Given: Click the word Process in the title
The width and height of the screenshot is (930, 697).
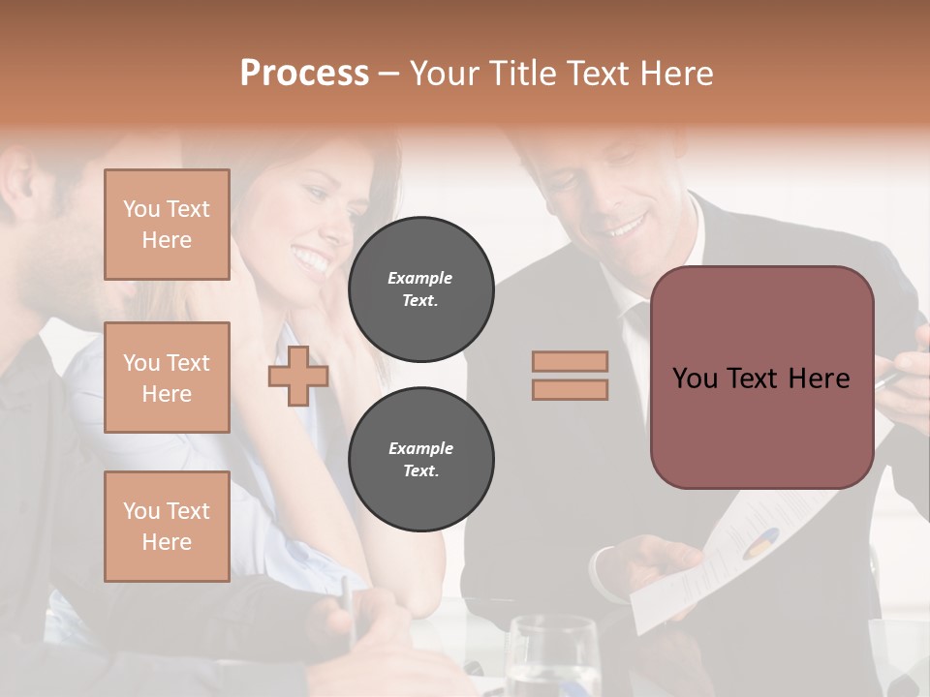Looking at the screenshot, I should click(304, 73).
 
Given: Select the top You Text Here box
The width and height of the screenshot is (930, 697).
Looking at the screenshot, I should click(167, 225).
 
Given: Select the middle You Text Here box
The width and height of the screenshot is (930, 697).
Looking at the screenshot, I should click(167, 378).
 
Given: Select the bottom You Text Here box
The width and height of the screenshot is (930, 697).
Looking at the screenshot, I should click(167, 526).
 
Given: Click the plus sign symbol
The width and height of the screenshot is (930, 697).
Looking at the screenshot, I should click(297, 377).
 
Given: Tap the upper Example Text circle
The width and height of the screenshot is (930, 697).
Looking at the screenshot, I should click(420, 289).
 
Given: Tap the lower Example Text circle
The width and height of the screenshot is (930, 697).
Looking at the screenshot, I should click(420, 460).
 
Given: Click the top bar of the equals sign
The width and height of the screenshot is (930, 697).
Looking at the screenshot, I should click(570, 361).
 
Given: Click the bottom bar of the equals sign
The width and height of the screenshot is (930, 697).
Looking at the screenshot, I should click(570, 389).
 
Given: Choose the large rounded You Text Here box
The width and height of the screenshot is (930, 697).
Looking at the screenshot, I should click(761, 378).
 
